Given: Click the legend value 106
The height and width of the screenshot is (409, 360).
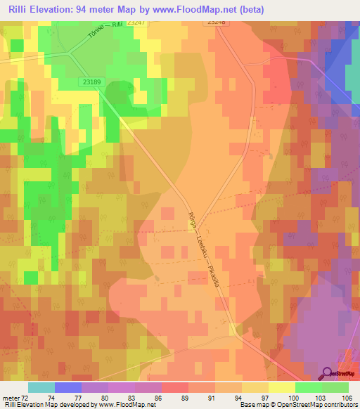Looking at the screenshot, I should (x=347, y=398).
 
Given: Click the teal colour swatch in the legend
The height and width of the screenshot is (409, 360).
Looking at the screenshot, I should (x=41, y=387).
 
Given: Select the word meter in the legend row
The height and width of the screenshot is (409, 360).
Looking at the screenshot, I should (x=13, y=398).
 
